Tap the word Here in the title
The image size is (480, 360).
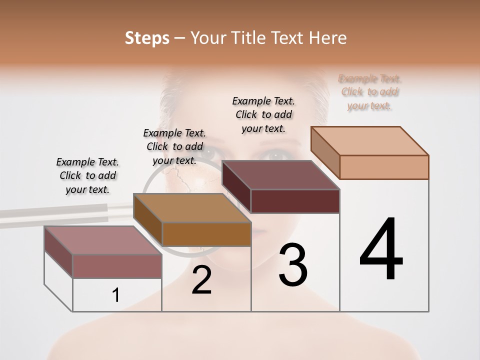click(328, 38)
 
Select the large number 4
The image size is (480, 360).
click(381, 250)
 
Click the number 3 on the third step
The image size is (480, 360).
click(292, 265)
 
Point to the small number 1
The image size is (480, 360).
click(116, 295)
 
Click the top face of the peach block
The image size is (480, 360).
click(370, 140)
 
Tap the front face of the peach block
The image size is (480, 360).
click(384, 167)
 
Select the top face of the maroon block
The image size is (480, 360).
click(281, 175)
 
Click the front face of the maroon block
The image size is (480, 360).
click(295, 201)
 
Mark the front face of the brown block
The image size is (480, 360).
click(206, 234)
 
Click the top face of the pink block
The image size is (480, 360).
click(103, 240)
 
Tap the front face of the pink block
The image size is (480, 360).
click(117, 266)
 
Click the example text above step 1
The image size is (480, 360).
click(87, 175)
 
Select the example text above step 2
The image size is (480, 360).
click(174, 146)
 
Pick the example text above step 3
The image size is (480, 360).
click(263, 114)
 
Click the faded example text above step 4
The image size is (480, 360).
click(370, 92)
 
